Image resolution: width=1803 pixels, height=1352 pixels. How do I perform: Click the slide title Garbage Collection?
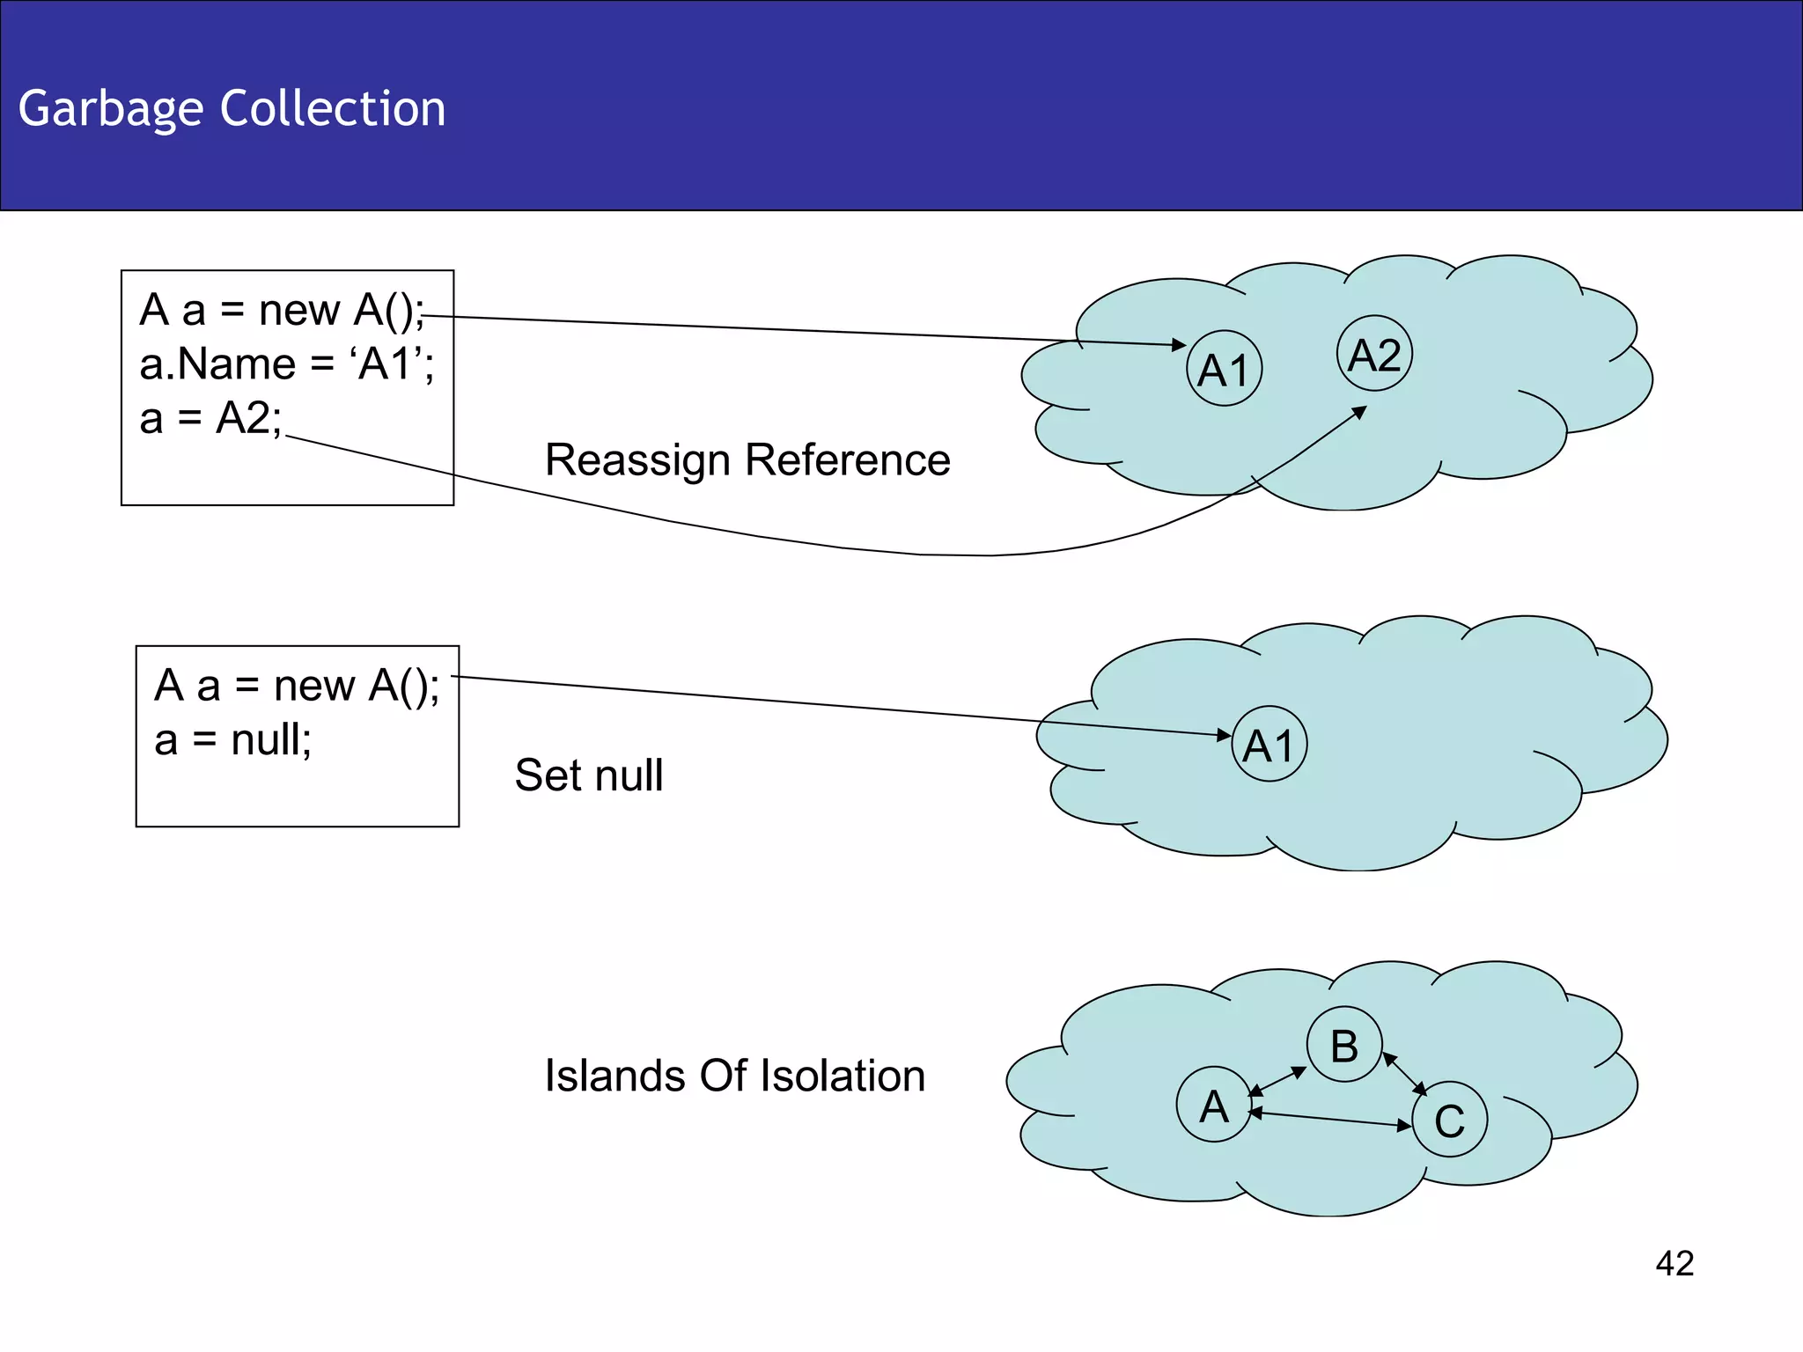(x=232, y=108)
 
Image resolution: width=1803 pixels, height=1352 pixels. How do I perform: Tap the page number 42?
(x=1674, y=1263)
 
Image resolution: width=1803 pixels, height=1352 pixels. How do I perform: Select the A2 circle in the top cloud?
(x=1374, y=354)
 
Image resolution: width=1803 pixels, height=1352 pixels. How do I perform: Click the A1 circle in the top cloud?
(x=1224, y=368)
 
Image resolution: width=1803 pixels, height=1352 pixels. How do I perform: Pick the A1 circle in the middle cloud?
(x=1269, y=744)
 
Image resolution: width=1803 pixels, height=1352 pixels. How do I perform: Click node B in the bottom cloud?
(x=1343, y=1045)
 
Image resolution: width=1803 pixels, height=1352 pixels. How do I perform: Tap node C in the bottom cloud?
(x=1449, y=1120)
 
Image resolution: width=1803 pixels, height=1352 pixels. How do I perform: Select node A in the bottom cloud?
(x=1214, y=1105)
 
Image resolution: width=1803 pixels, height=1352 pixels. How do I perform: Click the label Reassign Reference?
(x=747, y=459)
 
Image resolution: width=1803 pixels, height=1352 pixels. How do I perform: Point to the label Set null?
(x=588, y=775)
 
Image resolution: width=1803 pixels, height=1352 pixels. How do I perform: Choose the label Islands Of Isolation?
(x=734, y=1076)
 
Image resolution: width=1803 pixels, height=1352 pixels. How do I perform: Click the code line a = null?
(x=232, y=739)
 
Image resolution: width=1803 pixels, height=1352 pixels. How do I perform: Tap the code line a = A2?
(x=210, y=417)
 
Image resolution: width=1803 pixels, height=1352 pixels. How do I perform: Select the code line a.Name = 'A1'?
(x=286, y=364)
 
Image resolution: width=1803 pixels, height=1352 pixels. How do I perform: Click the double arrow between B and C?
(x=1405, y=1074)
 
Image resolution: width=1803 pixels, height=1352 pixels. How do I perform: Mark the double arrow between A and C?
(x=1329, y=1119)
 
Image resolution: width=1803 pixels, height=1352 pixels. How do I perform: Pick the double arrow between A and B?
(x=1277, y=1081)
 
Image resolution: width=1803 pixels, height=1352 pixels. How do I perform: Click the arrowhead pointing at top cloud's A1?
(x=1180, y=345)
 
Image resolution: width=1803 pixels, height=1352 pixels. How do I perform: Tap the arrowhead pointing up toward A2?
(x=1360, y=411)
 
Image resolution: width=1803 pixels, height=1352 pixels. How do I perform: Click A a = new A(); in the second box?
(x=297, y=685)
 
